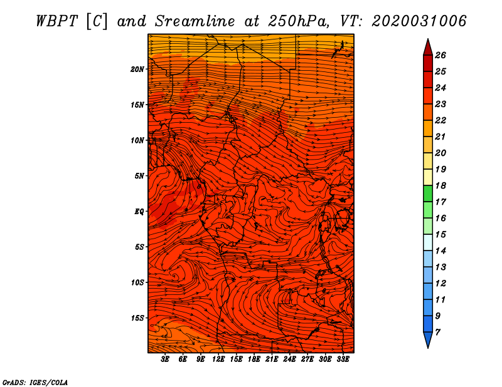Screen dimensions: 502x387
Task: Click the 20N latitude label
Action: tap(137, 70)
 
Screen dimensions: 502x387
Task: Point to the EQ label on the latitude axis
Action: tap(139, 212)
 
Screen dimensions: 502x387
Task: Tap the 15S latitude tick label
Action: tap(137, 318)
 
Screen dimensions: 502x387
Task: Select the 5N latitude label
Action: tap(139, 176)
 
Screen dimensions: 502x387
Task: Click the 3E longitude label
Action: tap(164, 359)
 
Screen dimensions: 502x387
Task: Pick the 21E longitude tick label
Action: tap(272, 359)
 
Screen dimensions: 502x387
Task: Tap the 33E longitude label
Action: tap(343, 359)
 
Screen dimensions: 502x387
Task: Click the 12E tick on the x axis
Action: tap(218, 359)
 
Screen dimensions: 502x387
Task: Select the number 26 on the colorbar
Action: tap(441, 55)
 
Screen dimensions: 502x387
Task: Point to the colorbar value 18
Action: tap(441, 185)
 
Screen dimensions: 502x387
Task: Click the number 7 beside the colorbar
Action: tap(437, 333)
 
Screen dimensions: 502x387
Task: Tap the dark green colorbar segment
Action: tap(428, 194)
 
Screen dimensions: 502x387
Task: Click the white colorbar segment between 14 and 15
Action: tap(428, 242)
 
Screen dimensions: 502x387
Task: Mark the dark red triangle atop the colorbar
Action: tap(428, 48)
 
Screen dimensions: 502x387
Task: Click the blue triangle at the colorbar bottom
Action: tap(428, 340)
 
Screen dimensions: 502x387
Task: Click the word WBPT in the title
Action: tap(56, 21)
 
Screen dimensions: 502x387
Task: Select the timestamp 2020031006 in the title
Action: tap(419, 21)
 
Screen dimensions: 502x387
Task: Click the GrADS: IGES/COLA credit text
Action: tap(35, 383)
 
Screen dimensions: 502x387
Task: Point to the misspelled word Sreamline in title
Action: tap(195, 21)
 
